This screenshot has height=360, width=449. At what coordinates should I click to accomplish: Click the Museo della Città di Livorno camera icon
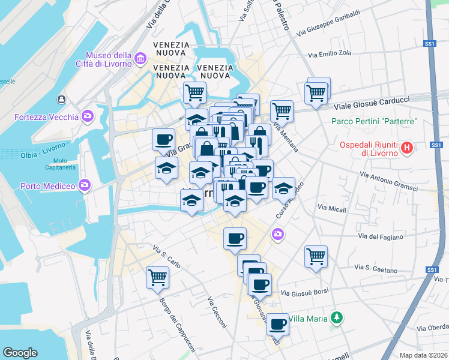pos(141,58)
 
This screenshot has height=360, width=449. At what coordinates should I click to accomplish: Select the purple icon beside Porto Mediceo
pos(86,185)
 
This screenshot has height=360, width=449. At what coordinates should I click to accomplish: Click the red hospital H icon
pos(407,147)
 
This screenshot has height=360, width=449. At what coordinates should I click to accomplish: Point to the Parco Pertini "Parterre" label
pos(374,122)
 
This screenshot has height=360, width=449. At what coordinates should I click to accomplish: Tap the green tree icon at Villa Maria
pos(338,317)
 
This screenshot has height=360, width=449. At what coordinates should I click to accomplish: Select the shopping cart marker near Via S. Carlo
pos(157,277)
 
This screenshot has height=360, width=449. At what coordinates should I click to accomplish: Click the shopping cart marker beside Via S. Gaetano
pos(316,256)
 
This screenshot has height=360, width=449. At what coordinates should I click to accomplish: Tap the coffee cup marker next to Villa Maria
pos(277,324)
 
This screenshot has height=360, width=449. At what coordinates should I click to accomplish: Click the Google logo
pos(19,353)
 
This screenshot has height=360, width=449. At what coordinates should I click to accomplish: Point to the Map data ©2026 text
pos(424,355)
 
